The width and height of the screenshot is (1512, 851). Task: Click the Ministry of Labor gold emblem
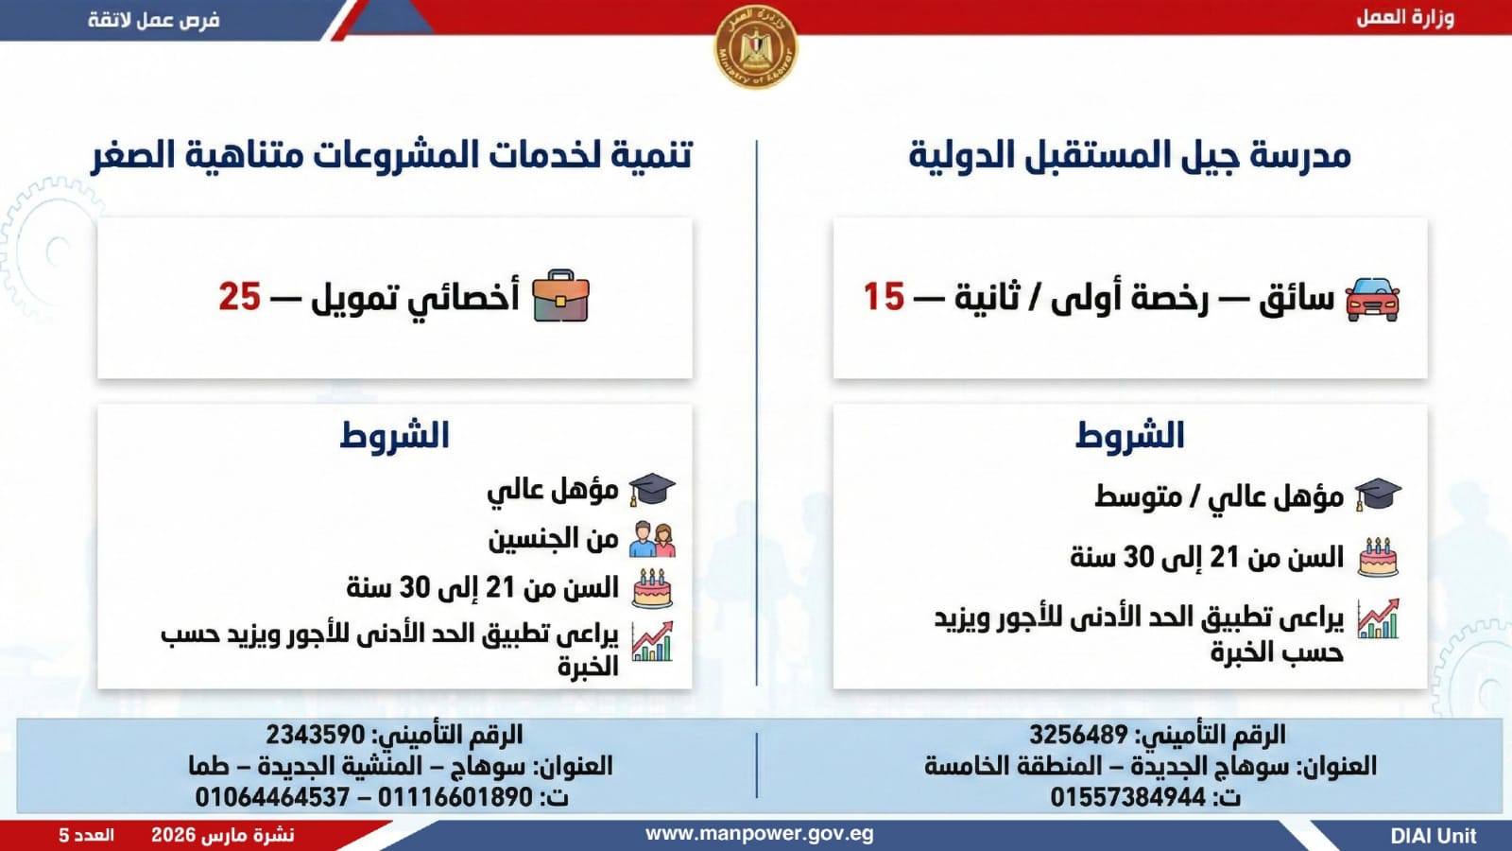756,46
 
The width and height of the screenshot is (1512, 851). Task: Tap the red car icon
1372,299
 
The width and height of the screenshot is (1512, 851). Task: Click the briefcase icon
561,296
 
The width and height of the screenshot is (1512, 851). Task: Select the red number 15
884,297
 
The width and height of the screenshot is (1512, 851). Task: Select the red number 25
240,297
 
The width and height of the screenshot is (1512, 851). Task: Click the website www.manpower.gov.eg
760,834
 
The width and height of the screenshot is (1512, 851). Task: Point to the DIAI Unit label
1434,836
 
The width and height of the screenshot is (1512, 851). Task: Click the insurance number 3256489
1078,734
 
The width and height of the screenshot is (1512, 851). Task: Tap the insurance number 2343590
316,734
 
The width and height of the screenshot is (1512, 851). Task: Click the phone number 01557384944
1128,798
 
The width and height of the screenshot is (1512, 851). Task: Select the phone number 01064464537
272,798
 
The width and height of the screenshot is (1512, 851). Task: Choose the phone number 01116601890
455,798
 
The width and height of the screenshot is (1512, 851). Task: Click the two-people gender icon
652,540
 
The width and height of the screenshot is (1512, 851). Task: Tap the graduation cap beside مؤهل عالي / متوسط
1378,495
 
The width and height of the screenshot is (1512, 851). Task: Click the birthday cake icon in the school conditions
1378,557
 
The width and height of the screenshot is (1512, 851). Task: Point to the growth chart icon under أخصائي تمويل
652,641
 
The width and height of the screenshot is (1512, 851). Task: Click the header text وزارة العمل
1405,18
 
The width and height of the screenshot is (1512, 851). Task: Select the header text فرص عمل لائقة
154,20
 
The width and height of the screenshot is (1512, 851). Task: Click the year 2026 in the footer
173,836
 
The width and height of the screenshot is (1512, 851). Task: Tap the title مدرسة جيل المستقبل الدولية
1130,155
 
